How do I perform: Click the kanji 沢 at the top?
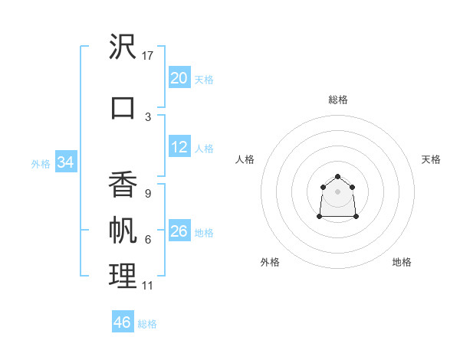point(123,47)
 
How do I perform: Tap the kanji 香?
point(123,184)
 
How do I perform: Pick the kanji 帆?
point(123,231)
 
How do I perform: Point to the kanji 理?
point(123,277)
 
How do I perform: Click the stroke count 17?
point(148,56)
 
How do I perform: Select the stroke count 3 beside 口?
point(148,116)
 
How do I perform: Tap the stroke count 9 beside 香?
point(148,194)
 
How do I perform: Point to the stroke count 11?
point(148,286)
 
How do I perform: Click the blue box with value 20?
point(179,78)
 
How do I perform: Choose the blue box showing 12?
point(179,147)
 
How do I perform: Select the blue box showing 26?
point(179,231)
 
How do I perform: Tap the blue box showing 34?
point(65,162)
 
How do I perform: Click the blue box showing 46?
point(123,322)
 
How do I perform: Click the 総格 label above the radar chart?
point(338,100)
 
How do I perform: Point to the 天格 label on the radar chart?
point(431,159)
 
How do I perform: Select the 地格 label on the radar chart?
point(402,262)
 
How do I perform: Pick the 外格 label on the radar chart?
point(270,262)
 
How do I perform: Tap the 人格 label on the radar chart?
point(245,159)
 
